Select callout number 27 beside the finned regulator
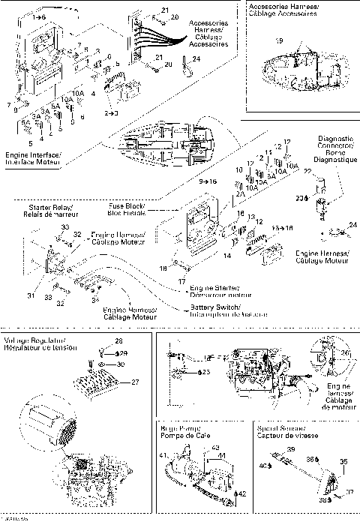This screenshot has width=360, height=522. tap(136, 382)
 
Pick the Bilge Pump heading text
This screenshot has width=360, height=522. tap(183, 431)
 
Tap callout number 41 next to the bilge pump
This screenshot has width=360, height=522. tap(163, 455)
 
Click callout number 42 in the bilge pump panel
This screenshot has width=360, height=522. tap(242, 494)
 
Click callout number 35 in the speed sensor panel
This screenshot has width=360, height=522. tap(344, 461)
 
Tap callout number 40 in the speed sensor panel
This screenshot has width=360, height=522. tap(262, 466)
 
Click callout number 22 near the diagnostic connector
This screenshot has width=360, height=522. tap(307, 172)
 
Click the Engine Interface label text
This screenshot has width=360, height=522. tap(33, 156)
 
